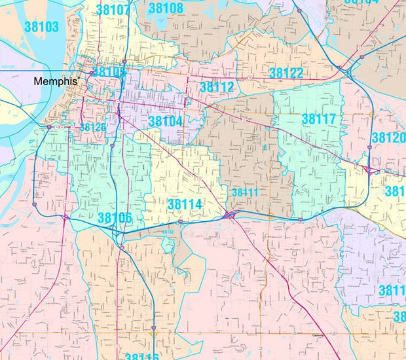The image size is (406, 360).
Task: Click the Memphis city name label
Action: (56, 82)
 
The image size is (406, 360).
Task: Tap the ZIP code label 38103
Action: (41, 27)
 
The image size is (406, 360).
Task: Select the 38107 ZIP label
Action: (113, 10)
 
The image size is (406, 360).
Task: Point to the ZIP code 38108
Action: (166, 9)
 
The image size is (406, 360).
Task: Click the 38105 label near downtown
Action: (109, 72)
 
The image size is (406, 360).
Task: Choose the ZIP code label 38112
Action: (217, 87)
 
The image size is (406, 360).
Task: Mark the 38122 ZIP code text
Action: (286, 73)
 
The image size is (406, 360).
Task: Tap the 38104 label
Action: (165, 121)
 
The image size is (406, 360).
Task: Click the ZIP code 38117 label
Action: (319, 119)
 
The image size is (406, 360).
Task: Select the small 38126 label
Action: (92, 127)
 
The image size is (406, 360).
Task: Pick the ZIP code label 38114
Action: (184, 204)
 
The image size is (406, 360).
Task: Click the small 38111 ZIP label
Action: (245, 192)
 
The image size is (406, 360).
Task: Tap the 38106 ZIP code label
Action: (115, 217)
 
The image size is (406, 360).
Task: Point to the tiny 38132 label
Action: (168, 232)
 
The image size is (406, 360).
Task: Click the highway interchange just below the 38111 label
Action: (231, 214)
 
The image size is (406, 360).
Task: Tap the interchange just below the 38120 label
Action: (372, 170)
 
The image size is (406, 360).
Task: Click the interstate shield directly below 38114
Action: (181, 222)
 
